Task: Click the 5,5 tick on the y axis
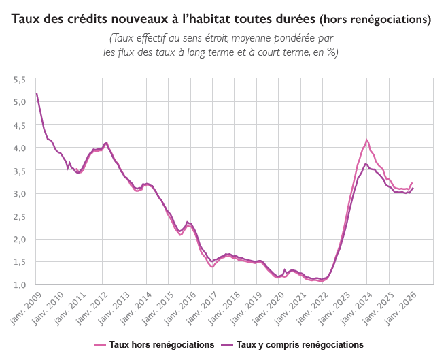[x=20, y=80]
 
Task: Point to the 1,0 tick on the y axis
[x=20, y=285]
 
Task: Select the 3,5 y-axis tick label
[x=20, y=171]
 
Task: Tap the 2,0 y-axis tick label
[x=20, y=240]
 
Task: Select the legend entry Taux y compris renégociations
[x=300, y=344]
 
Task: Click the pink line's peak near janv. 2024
[x=367, y=140]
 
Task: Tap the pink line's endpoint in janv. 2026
[x=413, y=182]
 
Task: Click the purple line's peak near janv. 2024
[x=366, y=163]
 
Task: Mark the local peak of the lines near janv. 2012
[x=106, y=142]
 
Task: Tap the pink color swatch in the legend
[x=100, y=344]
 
